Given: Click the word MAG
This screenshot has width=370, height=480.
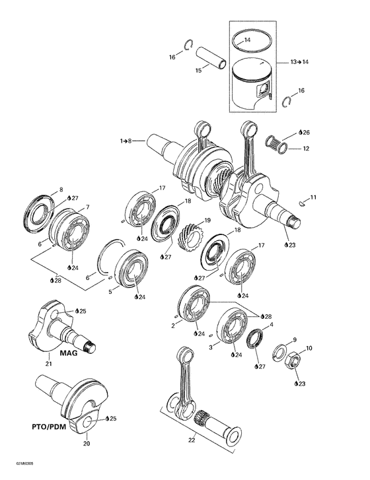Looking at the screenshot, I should [69, 353].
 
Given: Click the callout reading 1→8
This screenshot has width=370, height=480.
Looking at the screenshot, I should [126, 141].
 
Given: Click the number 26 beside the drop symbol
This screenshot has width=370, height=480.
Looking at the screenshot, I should [307, 132].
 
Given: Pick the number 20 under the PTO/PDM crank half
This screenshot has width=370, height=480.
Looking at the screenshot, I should [86, 444].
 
